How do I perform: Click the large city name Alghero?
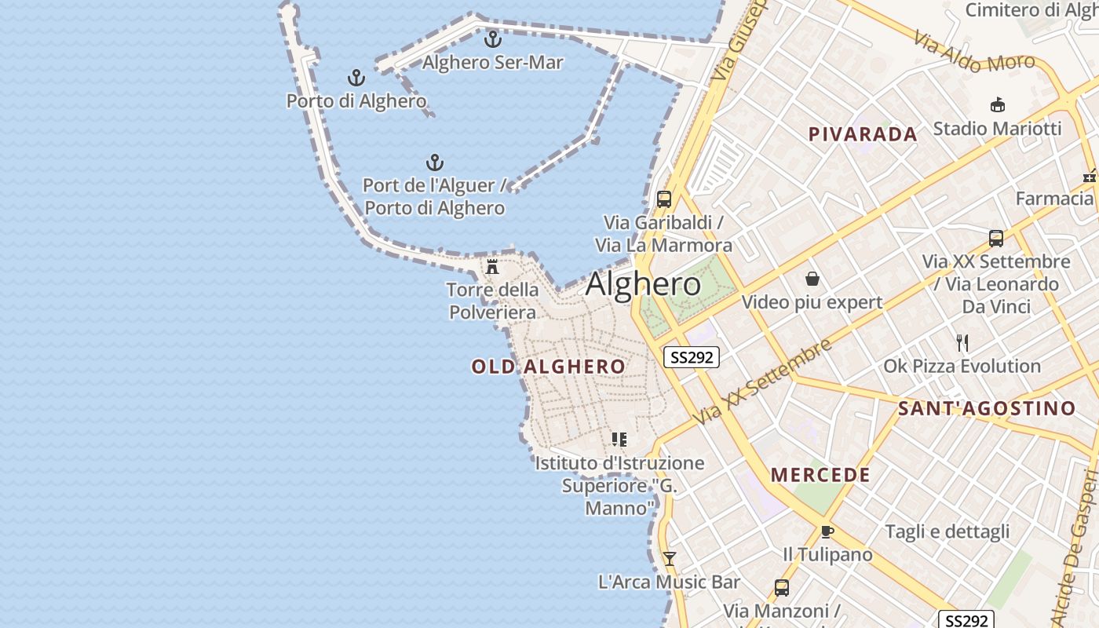tap(643, 284)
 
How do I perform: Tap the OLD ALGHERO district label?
tap(548, 367)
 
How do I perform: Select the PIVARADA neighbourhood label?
tap(863, 134)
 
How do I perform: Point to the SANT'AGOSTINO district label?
tap(986, 408)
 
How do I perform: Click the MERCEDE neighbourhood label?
tap(820, 475)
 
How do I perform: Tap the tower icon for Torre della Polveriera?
tap(492, 266)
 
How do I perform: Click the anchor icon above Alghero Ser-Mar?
tap(492, 38)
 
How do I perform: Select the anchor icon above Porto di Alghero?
tap(356, 77)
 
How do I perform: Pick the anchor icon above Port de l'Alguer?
tap(434, 162)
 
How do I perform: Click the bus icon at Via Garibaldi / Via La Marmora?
tap(664, 199)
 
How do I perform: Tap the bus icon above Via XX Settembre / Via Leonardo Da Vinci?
tap(996, 238)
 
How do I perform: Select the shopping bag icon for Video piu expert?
tap(812, 279)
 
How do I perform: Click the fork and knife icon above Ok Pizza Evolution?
tap(962, 342)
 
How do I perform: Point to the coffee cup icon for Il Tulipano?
tap(827, 531)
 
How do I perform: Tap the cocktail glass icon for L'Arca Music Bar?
tap(669, 558)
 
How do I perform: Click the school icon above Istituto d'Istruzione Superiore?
tap(619, 439)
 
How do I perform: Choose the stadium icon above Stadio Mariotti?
tap(997, 105)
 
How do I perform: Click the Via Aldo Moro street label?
tap(973, 52)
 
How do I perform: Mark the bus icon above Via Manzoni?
tap(781, 587)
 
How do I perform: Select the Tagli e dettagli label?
tap(947, 531)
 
